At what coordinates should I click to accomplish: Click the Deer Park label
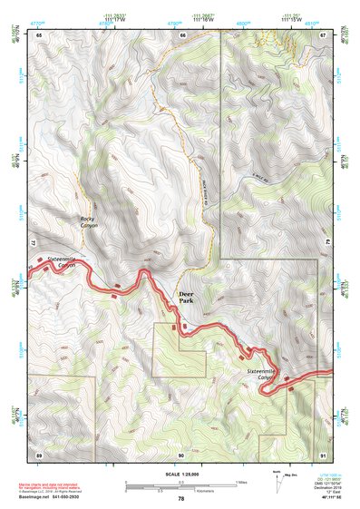click(185, 299)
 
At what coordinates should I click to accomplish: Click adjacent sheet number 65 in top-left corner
click(39, 34)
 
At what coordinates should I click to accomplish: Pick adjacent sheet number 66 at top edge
click(182, 34)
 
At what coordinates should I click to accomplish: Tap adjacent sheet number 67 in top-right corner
click(324, 34)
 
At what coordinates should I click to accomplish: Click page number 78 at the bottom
click(181, 498)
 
